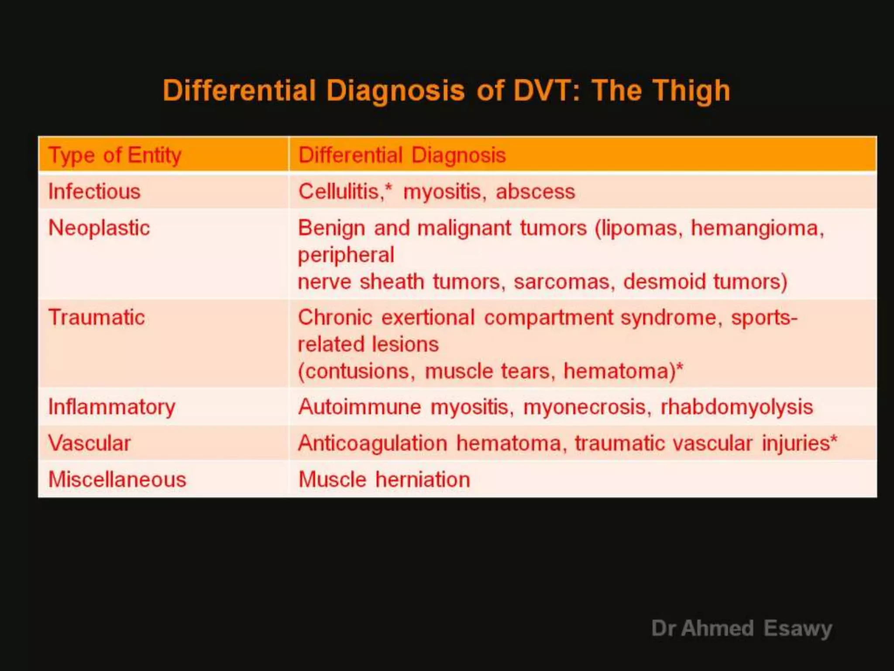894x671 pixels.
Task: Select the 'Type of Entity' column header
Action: click(x=115, y=155)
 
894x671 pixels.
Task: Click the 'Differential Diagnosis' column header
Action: click(x=402, y=155)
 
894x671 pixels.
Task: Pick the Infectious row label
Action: click(x=94, y=192)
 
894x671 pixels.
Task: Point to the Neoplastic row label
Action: click(x=99, y=228)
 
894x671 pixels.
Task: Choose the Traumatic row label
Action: click(x=96, y=318)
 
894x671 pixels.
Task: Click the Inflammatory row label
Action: click(x=112, y=407)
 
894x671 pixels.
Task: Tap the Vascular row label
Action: click(x=89, y=443)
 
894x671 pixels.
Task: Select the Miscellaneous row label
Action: click(x=117, y=480)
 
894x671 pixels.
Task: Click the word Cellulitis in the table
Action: click(x=339, y=192)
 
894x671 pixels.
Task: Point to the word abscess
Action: click(x=535, y=192)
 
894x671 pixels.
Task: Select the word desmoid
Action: click(x=664, y=282)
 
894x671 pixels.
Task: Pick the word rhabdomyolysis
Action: click(x=737, y=407)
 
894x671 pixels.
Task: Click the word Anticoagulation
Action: click(x=373, y=443)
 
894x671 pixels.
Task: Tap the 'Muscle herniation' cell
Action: click(x=384, y=480)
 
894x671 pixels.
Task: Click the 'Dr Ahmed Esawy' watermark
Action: click(x=742, y=629)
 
